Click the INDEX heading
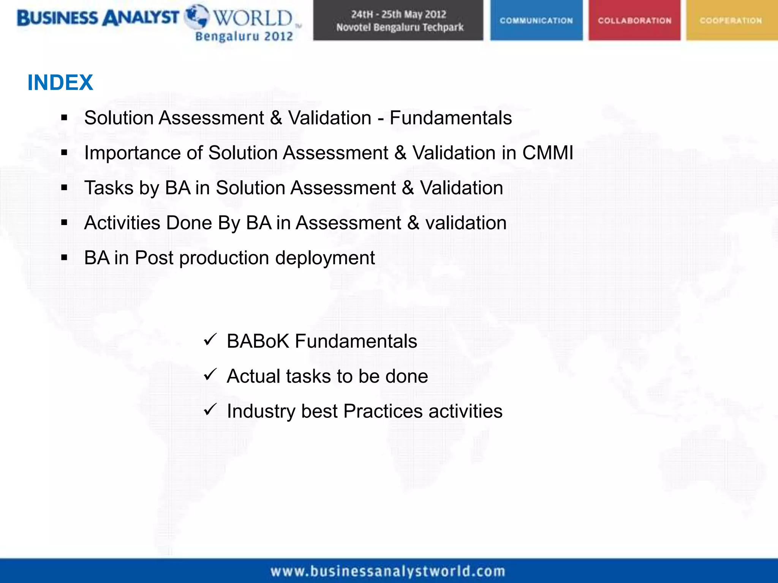60,82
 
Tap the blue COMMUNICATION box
536,20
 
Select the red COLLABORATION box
634,20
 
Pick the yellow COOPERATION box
731,20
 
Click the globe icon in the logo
196,16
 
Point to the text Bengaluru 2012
244,36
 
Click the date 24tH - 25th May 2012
398,14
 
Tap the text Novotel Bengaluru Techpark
400,27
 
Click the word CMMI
547,153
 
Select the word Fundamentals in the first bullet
451,118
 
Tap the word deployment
325,258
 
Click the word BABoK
258,341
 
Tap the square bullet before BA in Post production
64,258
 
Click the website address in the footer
388,571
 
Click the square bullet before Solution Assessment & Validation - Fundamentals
64,118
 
